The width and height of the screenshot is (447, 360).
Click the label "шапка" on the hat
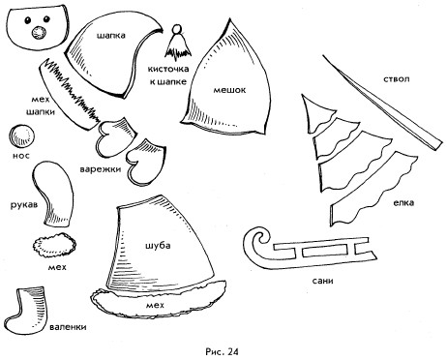click(111, 35)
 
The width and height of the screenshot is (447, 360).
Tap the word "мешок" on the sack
click(229, 90)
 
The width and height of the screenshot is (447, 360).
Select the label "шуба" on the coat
click(158, 246)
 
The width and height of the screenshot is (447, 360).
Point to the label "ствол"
click(397, 79)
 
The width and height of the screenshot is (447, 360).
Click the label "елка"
click(403, 203)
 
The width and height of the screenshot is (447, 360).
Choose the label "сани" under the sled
click(323, 281)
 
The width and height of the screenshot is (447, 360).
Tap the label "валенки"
click(68, 327)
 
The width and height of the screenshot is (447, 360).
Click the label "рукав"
click(24, 204)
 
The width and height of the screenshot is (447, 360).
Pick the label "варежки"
click(101, 169)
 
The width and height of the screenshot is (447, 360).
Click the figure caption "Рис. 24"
click(222, 351)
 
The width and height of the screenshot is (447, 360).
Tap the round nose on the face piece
click(39, 32)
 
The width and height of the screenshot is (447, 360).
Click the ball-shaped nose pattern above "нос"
click(21, 136)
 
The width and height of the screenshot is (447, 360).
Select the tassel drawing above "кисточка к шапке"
click(177, 43)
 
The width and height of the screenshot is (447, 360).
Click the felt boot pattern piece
click(27, 311)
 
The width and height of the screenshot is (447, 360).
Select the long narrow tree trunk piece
click(382, 104)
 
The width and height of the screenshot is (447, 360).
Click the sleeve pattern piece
click(53, 193)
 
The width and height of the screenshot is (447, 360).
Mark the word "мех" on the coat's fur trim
click(155, 305)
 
